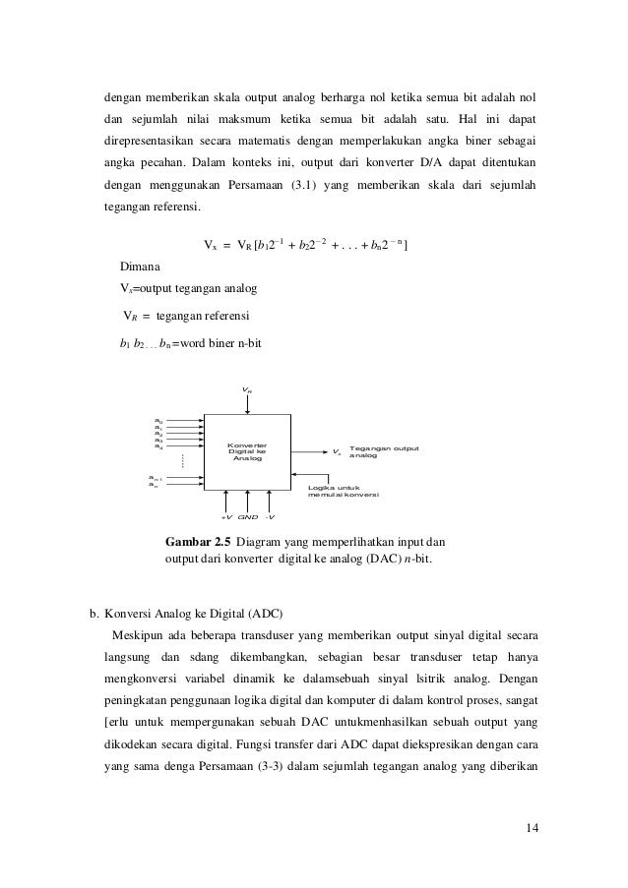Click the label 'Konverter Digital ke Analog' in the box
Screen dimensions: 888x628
click(x=245, y=451)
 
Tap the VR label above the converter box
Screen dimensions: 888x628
click(x=246, y=390)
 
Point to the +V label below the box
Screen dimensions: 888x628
click(x=225, y=515)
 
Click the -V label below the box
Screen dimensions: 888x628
click(x=269, y=515)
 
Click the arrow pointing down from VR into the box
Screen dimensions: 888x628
click(x=246, y=405)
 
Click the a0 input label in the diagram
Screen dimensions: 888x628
click(x=158, y=419)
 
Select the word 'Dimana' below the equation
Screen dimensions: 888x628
click(x=142, y=266)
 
